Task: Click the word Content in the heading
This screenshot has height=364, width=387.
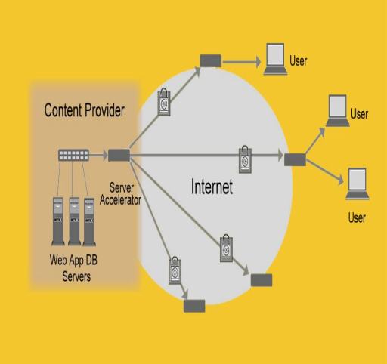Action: [x=63, y=110]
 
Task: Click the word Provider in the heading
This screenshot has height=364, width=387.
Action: [x=104, y=110]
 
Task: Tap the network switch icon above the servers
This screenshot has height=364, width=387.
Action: [x=73, y=155]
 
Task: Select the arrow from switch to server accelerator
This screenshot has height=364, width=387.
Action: [x=98, y=155]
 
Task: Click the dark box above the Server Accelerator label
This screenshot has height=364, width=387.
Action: [x=119, y=156]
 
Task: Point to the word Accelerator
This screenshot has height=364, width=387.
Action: [x=120, y=200]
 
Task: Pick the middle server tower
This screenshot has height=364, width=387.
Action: [x=74, y=221]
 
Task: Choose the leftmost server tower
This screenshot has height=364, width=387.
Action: [x=58, y=221]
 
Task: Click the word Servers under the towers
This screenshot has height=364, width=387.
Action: [x=76, y=276]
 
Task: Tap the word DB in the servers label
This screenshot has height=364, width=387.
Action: [x=91, y=260]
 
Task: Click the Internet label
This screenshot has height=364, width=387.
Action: [x=212, y=187]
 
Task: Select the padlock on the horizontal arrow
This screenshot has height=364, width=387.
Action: [x=245, y=159]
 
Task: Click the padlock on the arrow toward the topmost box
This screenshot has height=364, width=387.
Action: [x=164, y=102]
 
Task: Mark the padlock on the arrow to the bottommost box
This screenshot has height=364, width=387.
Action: [x=175, y=270]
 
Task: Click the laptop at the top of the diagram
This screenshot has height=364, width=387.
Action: [x=275, y=59]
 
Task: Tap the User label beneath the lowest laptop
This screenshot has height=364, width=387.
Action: [x=357, y=217]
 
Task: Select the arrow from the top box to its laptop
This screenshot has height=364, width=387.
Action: [x=241, y=62]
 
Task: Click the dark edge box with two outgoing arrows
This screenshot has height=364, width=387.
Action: [x=295, y=159]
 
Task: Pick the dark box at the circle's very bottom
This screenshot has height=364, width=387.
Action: [x=194, y=306]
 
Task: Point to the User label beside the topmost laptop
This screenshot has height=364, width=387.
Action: [x=299, y=61]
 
